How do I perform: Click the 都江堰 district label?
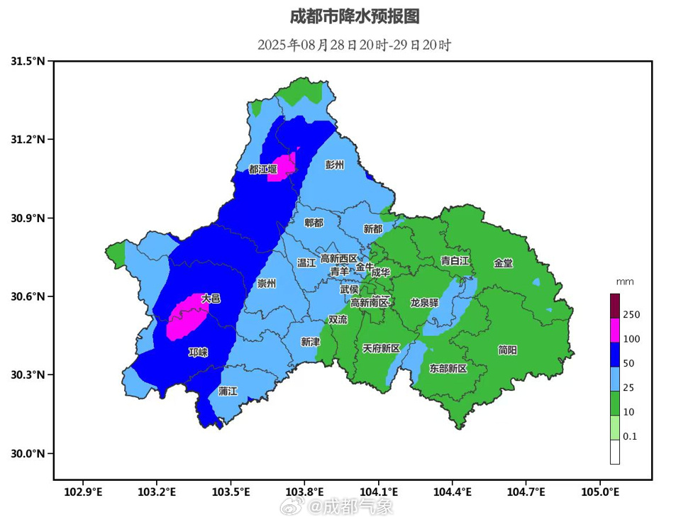(x=262, y=169)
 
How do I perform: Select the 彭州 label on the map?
(x=334, y=165)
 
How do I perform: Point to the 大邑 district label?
(x=211, y=299)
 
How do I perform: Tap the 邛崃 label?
(x=198, y=352)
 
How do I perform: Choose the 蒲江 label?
(x=228, y=391)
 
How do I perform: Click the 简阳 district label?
(x=507, y=350)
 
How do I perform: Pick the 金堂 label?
(x=503, y=263)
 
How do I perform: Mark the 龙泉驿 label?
(x=424, y=303)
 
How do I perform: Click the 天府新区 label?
(x=382, y=348)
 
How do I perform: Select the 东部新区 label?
(x=448, y=369)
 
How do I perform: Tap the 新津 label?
(x=310, y=342)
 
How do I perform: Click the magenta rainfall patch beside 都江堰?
(x=282, y=167)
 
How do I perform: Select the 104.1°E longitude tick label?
(x=378, y=491)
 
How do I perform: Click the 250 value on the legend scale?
(x=631, y=314)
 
